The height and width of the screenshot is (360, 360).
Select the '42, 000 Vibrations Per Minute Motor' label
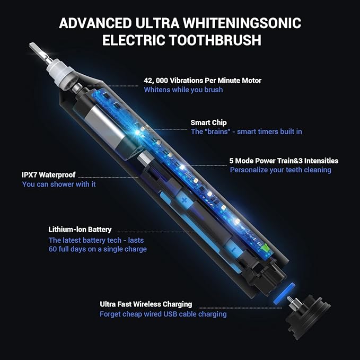pyautogui.click(x=202, y=81)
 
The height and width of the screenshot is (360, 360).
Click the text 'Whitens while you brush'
pyautogui.click(x=183, y=90)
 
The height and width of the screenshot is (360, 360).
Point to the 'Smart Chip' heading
pyautogui.click(x=208, y=122)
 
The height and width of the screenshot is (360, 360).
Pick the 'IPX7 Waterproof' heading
pyautogui.click(x=48, y=174)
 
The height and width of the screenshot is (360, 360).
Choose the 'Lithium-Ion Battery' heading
pyautogui.click(x=80, y=230)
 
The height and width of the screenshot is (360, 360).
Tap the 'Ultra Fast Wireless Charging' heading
pyautogui.click(x=146, y=304)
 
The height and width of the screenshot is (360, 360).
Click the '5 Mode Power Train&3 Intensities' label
pyautogui.click(x=284, y=161)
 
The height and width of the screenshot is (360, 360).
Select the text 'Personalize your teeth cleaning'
pyautogui.click(x=280, y=170)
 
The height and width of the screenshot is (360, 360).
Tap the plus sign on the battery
pyautogui.click(x=185, y=200)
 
